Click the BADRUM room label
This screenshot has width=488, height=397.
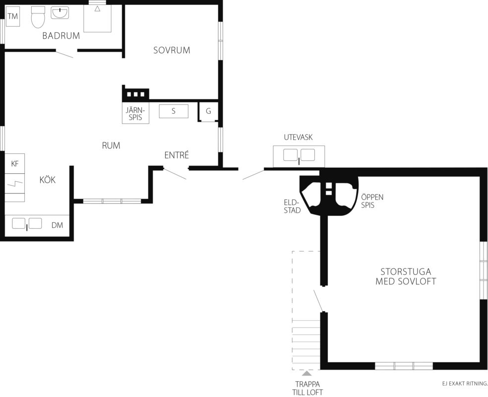[x=61, y=36]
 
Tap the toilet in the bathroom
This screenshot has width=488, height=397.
[x=38, y=17]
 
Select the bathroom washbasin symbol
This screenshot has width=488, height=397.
[x=60, y=13]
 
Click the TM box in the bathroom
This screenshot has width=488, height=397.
[x=13, y=16]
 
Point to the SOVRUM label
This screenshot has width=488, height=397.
[x=172, y=50]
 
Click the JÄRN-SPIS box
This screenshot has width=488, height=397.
[x=135, y=113]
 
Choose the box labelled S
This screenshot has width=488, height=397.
[x=174, y=111]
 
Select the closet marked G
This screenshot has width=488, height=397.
[x=208, y=111]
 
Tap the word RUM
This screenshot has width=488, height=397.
[x=111, y=145]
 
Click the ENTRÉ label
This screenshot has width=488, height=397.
[x=177, y=155]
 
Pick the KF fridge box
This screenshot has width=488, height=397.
[x=15, y=163]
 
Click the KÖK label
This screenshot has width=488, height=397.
[x=48, y=180]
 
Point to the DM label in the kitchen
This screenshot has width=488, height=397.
[x=57, y=225]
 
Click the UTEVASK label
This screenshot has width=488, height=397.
[x=298, y=137]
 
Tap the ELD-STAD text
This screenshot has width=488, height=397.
[x=292, y=206]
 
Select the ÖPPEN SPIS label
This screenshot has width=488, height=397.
[x=372, y=201]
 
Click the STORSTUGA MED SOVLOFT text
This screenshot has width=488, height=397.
[x=406, y=276]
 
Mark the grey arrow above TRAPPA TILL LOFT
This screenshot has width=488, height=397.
[x=307, y=373]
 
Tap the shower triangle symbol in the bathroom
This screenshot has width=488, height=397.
[x=97, y=9]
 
